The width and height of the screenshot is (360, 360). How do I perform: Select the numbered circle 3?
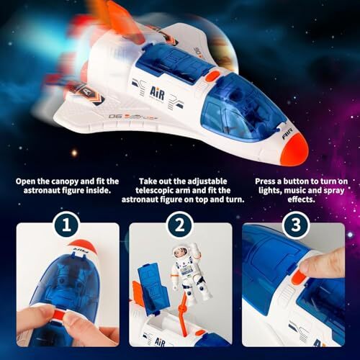pyautogui.click(x=293, y=225)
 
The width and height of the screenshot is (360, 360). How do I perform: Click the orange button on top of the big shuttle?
pyautogui.click(x=211, y=74)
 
